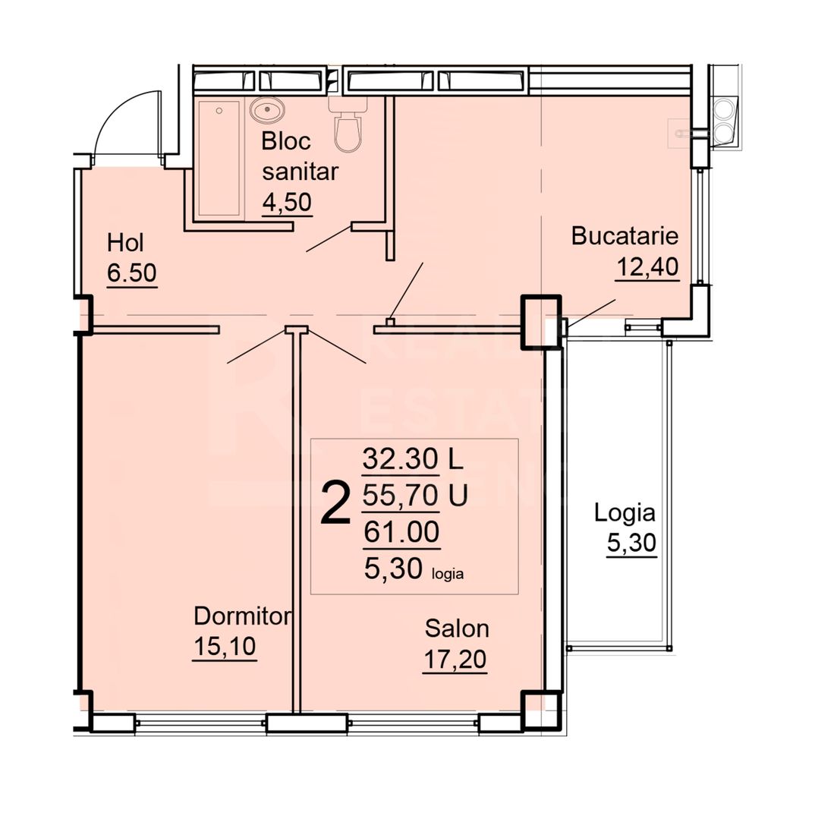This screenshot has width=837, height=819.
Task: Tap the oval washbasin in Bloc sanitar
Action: (x=266, y=112)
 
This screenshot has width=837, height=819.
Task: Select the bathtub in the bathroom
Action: (x=219, y=159)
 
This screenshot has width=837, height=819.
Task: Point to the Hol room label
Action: (x=125, y=243)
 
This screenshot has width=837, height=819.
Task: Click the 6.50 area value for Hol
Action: (x=132, y=273)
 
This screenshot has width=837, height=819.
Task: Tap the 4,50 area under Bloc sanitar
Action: (x=287, y=203)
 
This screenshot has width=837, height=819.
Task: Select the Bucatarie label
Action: (x=624, y=236)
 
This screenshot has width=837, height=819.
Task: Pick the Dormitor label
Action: (x=242, y=616)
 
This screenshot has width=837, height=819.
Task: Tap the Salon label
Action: (x=457, y=628)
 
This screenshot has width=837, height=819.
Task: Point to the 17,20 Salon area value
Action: (x=455, y=659)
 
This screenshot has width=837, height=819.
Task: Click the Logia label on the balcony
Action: (x=624, y=513)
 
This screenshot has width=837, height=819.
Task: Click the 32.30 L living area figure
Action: (x=401, y=458)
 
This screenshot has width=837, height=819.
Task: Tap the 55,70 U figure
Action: (x=401, y=496)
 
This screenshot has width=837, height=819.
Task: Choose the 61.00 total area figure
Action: (x=401, y=533)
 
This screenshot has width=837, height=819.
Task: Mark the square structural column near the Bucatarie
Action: (x=540, y=322)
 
